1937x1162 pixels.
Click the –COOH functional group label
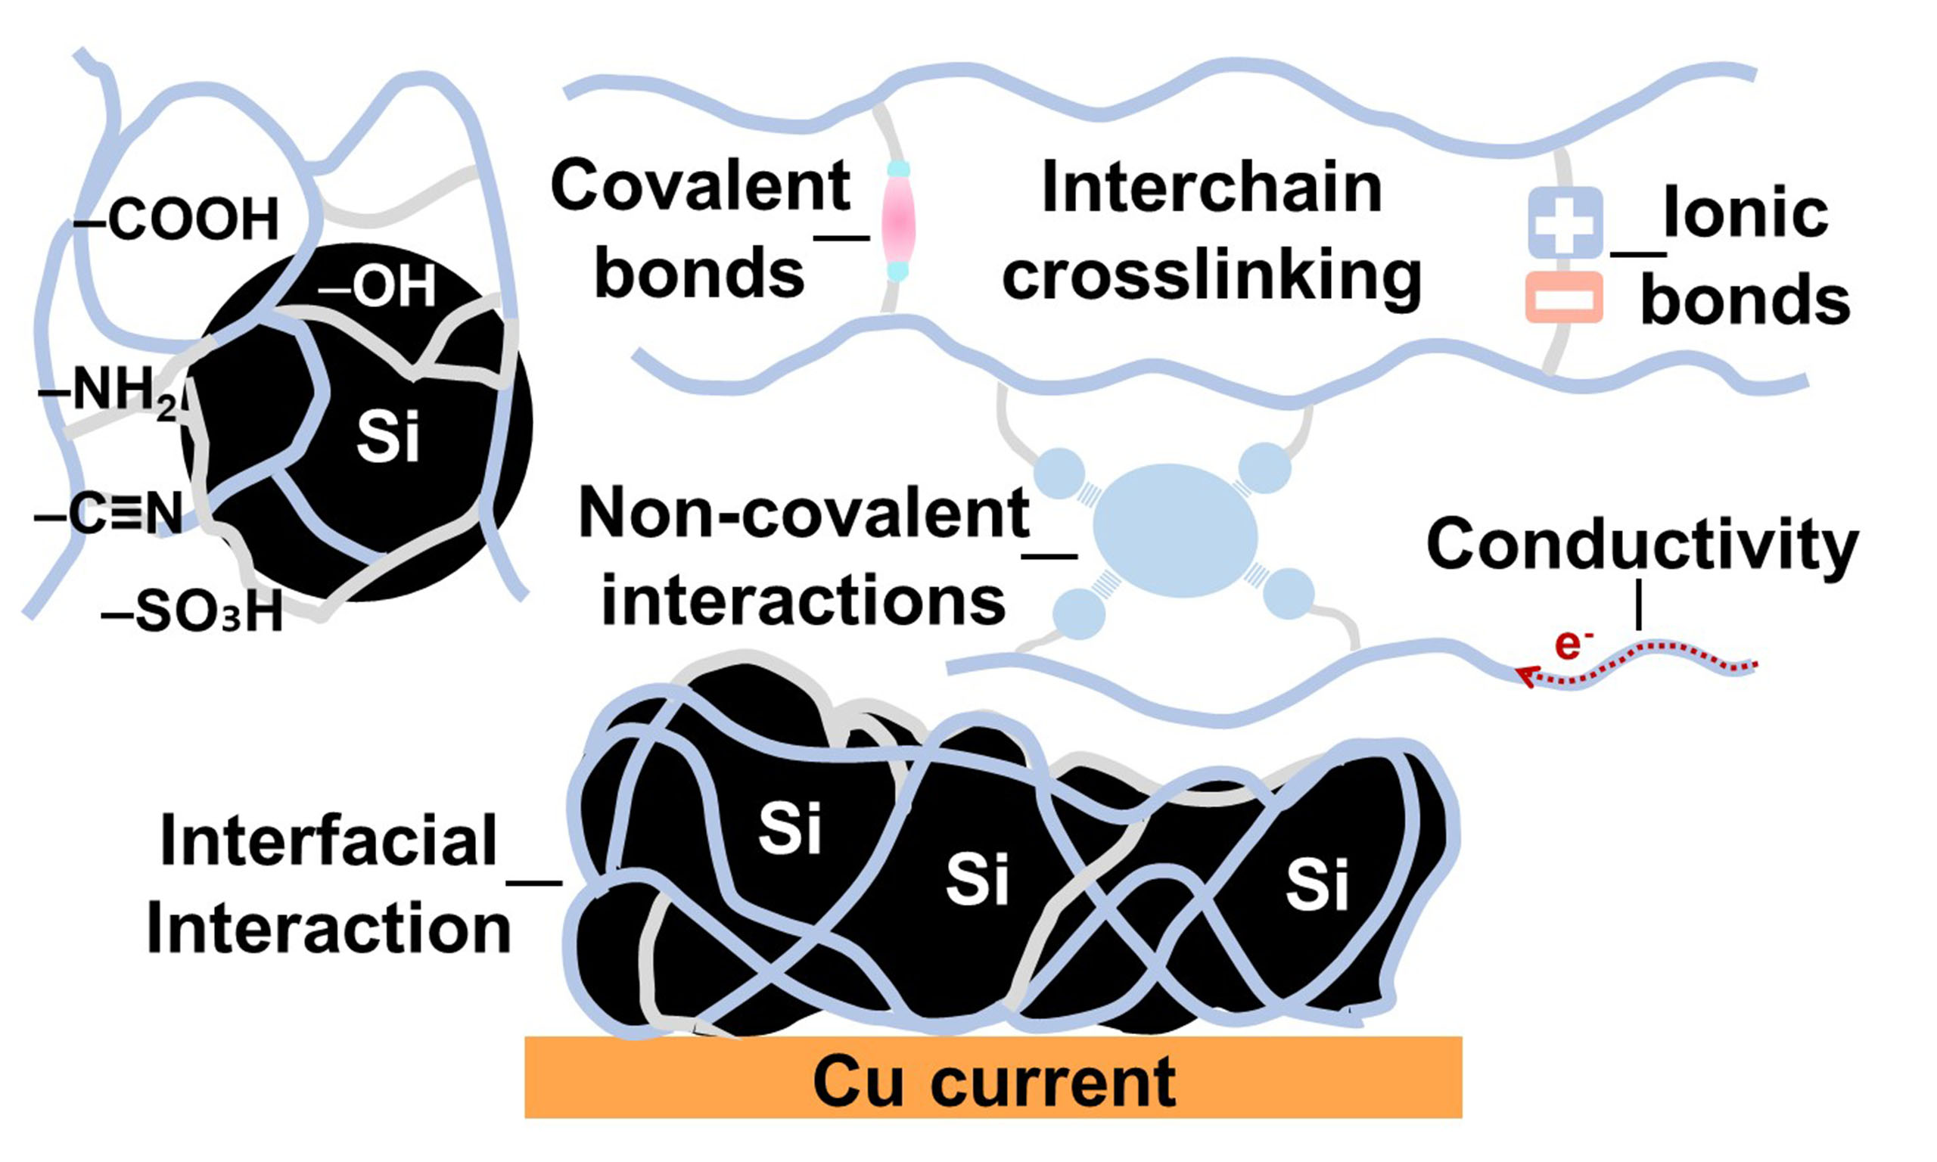point(178,220)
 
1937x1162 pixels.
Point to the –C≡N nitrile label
point(110,514)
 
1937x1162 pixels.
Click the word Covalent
point(701,185)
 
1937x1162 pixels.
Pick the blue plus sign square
point(1565,222)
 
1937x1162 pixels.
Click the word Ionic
point(1746,213)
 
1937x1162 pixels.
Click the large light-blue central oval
point(1174,530)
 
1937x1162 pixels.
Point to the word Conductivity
point(1642,543)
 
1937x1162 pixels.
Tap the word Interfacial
point(329,842)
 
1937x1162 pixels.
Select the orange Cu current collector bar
point(993,1077)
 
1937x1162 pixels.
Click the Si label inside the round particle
point(388,437)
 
